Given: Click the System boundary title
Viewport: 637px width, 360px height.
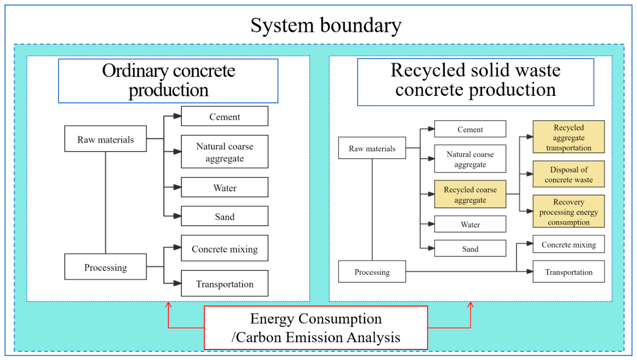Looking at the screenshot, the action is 326,26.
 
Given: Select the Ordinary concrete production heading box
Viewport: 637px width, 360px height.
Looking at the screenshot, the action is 168,81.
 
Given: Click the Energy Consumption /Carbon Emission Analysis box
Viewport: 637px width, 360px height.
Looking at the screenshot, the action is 316,328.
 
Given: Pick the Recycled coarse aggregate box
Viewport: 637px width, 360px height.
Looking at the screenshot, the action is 470,194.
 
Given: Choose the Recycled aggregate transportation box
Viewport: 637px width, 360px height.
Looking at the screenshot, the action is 568,137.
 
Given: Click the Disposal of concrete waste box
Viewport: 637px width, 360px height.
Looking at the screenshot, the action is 568,174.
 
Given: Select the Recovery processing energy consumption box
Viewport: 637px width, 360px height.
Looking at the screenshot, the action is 568,211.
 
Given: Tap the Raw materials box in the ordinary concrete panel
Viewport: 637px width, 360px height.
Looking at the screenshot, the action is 105,139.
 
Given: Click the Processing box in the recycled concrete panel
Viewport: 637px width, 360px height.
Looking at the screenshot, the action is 372,272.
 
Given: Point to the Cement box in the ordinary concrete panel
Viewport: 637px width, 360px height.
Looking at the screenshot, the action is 224,116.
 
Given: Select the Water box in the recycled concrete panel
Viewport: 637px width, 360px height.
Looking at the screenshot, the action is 470,224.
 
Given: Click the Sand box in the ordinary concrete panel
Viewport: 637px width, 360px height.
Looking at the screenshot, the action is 224,216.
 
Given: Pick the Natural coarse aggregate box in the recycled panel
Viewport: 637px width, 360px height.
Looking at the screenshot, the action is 470,159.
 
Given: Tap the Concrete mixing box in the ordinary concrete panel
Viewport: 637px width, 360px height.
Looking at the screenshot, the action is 224,248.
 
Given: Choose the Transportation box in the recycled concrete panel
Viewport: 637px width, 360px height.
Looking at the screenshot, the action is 568,272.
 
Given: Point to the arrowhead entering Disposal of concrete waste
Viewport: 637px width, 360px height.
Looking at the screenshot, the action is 530,174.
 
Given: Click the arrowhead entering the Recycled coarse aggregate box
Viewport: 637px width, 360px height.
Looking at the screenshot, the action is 431,194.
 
